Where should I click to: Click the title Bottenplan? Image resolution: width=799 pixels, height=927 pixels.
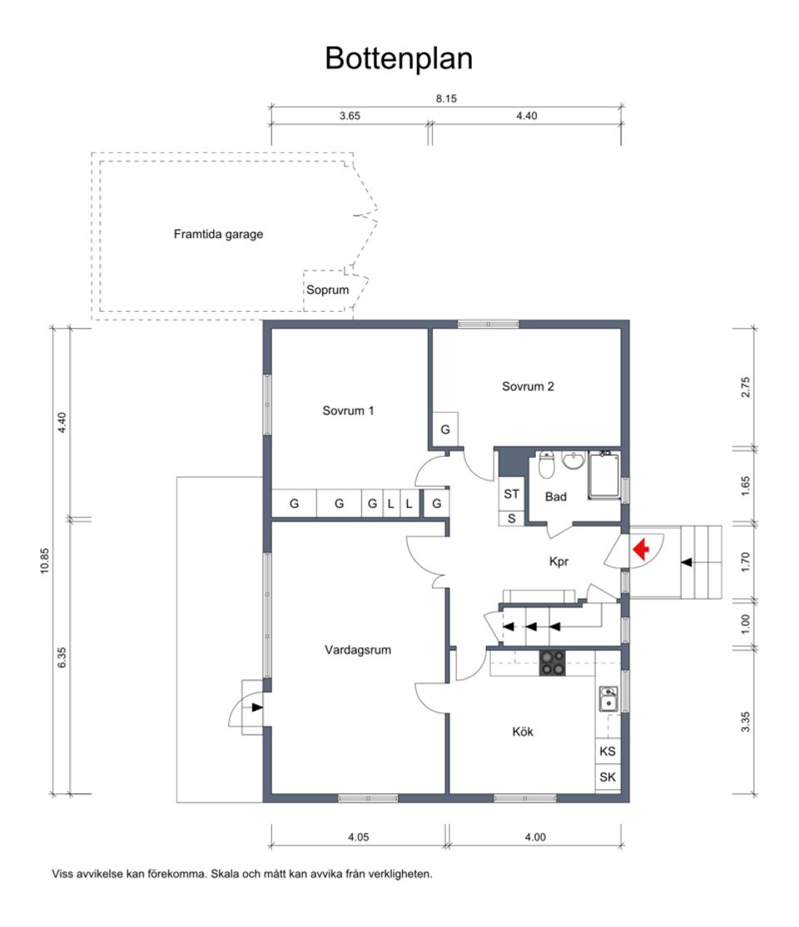[x=399, y=59]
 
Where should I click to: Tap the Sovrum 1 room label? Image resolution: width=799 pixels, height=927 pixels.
[x=348, y=410]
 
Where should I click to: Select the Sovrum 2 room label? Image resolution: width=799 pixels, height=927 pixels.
[x=528, y=386]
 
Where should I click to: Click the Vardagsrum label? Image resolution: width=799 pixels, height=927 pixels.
[x=357, y=650]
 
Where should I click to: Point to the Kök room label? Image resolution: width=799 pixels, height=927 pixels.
[x=522, y=732]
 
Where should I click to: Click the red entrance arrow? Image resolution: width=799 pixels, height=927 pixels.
[x=641, y=549]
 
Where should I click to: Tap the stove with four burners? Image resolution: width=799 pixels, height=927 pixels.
[x=552, y=662]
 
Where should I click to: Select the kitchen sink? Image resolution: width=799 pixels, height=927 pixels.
[x=608, y=698]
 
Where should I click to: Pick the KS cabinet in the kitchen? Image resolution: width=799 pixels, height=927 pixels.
[x=608, y=751]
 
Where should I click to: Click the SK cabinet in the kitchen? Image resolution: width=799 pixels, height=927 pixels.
[x=608, y=778]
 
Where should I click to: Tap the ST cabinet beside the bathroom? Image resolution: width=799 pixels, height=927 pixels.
[x=511, y=493]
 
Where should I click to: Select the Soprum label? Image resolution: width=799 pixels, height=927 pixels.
[x=327, y=290]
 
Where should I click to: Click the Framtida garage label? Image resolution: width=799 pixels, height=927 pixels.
[x=218, y=235]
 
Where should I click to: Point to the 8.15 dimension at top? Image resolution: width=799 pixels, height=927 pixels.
[x=446, y=98]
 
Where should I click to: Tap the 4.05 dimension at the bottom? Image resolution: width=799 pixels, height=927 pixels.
[x=357, y=838]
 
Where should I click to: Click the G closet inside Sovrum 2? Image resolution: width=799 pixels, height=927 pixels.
[x=445, y=429]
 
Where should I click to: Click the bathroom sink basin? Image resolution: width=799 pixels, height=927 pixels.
[x=573, y=461]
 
